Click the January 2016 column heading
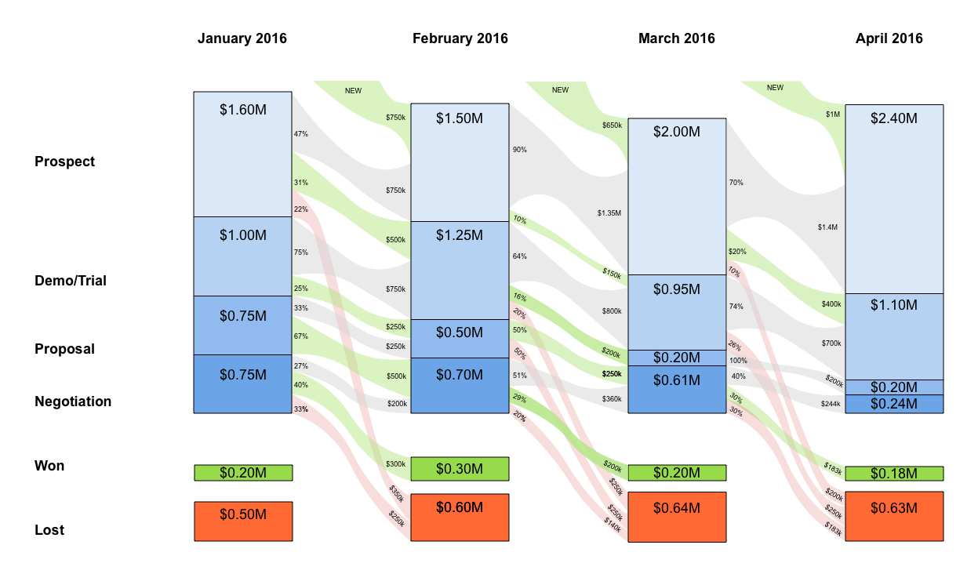click(242, 38)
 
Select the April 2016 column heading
click(889, 38)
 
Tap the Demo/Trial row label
click(71, 281)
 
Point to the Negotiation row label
click(73, 401)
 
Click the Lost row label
click(49, 530)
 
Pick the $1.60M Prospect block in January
click(243, 154)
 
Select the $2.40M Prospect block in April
click(894, 198)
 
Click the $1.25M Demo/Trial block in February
click(460, 270)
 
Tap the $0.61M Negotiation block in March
click(677, 389)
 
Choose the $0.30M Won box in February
click(460, 469)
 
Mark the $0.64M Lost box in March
click(677, 517)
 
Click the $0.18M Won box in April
click(894, 474)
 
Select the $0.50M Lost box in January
click(243, 521)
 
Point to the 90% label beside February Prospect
click(519, 150)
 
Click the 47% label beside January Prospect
click(300, 134)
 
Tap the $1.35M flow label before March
click(609, 213)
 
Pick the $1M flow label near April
click(833, 114)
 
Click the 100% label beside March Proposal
click(739, 361)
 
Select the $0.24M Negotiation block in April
click(894, 404)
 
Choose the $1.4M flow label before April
click(827, 227)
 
